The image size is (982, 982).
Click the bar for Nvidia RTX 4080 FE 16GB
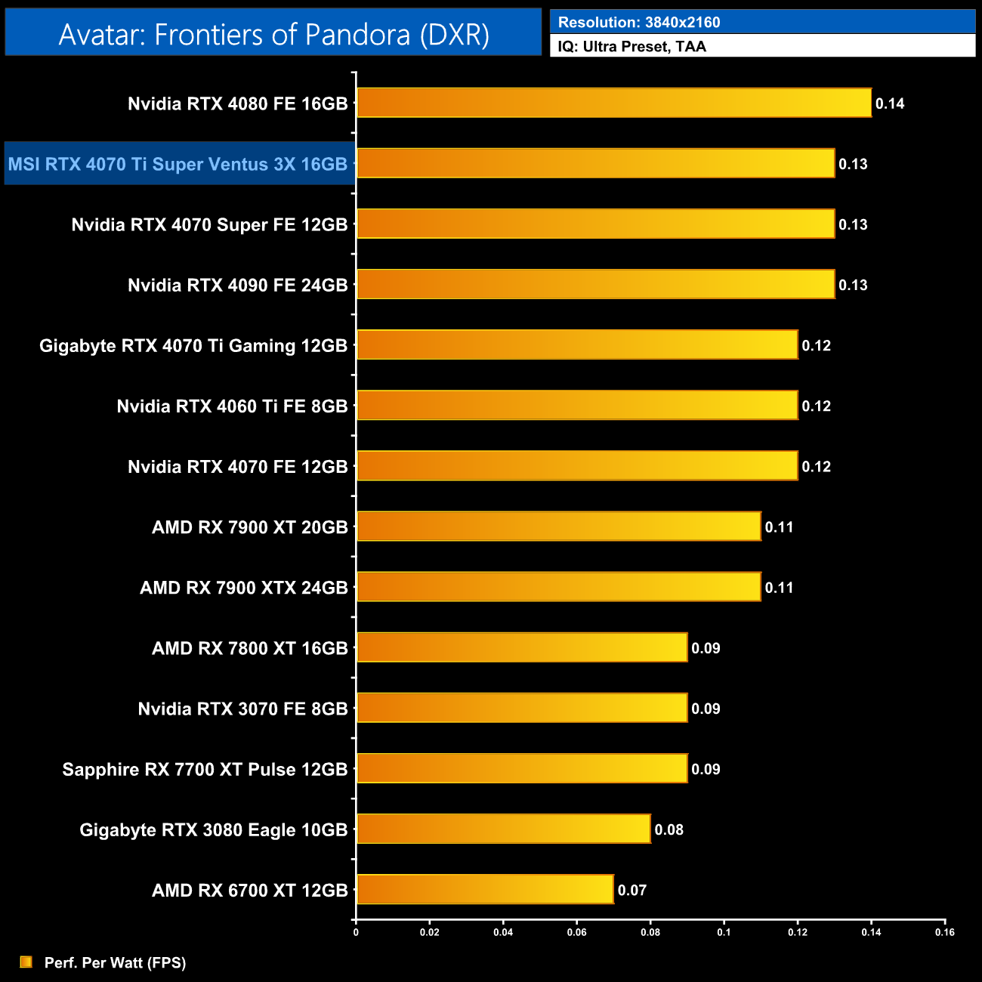pos(613,103)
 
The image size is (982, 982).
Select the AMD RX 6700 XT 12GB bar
pos(484,889)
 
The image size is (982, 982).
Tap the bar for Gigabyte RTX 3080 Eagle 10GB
pos(503,829)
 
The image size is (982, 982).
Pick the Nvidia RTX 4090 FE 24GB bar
pos(595,284)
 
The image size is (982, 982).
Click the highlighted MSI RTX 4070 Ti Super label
pos(178,164)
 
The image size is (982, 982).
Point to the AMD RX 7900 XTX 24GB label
pos(243,588)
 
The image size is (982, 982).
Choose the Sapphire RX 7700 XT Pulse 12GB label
pos(205,769)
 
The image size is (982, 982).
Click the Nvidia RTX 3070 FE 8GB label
pos(242,709)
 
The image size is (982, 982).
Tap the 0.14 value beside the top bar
pos(890,103)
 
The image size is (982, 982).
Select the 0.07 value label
pos(632,890)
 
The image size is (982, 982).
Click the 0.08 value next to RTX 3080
pos(669,829)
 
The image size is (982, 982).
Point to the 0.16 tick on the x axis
pos(944,932)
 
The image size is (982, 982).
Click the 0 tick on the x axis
pos(356,932)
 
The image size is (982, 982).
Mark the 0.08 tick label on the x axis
pos(650,932)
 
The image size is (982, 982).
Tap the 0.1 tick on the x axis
pos(724,932)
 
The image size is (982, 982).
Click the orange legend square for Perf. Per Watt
pos(26,962)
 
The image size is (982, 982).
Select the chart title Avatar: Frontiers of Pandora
pos(273,34)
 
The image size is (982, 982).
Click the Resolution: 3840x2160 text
pos(638,22)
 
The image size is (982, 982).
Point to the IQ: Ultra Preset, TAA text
pos(632,46)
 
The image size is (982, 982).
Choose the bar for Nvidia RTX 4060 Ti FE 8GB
pos(577,405)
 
